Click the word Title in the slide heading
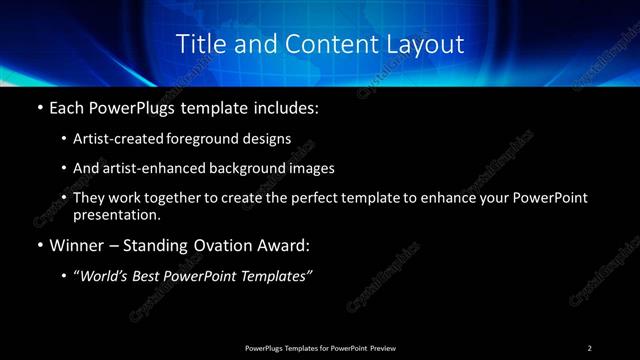201,44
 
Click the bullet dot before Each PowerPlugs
38,107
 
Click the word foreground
216,139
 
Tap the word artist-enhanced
156,169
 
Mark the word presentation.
116,214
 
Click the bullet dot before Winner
38,245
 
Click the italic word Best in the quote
153,276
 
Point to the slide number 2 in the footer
589,348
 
